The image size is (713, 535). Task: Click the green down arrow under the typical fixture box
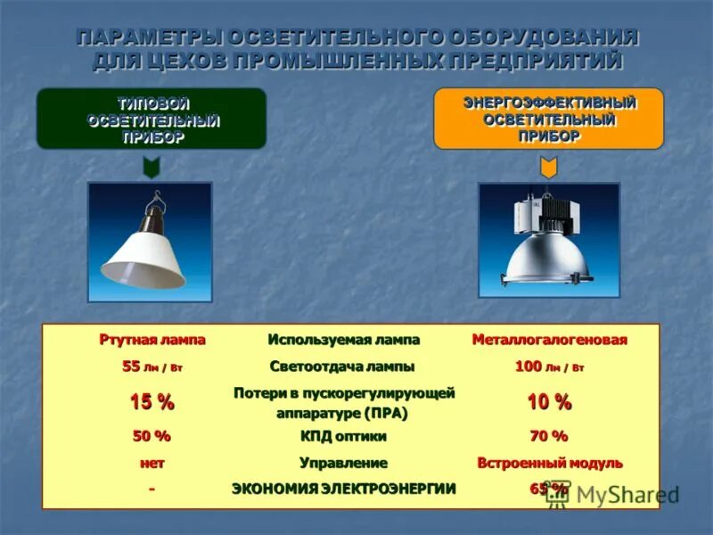(152, 167)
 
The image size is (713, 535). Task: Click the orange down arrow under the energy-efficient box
(549, 167)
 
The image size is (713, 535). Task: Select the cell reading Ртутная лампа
(152, 340)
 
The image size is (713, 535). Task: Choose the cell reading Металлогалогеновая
(550, 340)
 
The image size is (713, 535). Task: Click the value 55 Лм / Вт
(152, 366)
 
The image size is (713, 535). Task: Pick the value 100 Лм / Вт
(550, 366)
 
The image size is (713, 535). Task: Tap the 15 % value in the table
(152, 402)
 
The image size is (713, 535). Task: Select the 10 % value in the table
(549, 402)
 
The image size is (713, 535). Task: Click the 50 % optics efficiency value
(152, 436)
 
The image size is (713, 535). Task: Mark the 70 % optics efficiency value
(549, 436)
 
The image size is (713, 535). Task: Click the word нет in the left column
(152, 463)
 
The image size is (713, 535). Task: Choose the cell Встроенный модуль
(550, 463)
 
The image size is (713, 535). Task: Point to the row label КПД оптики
(344, 436)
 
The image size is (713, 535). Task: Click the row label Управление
(344, 463)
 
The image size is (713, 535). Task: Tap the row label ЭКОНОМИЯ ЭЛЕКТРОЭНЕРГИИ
(344, 488)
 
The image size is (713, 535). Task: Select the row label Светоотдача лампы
(343, 366)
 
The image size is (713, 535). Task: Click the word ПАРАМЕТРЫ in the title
(146, 38)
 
